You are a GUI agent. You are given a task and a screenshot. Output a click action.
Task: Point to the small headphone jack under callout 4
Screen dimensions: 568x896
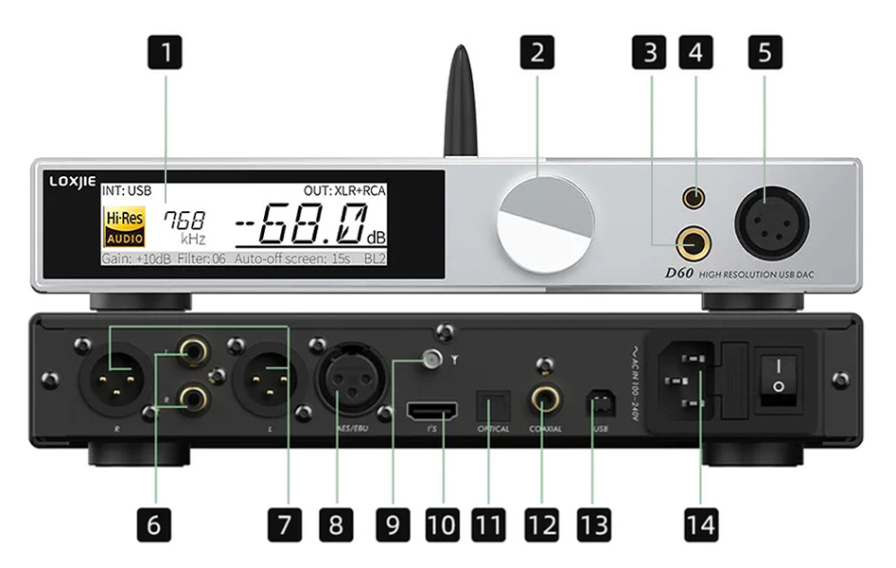[x=695, y=199]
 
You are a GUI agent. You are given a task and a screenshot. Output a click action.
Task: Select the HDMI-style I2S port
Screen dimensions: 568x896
[x=432, y=412]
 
